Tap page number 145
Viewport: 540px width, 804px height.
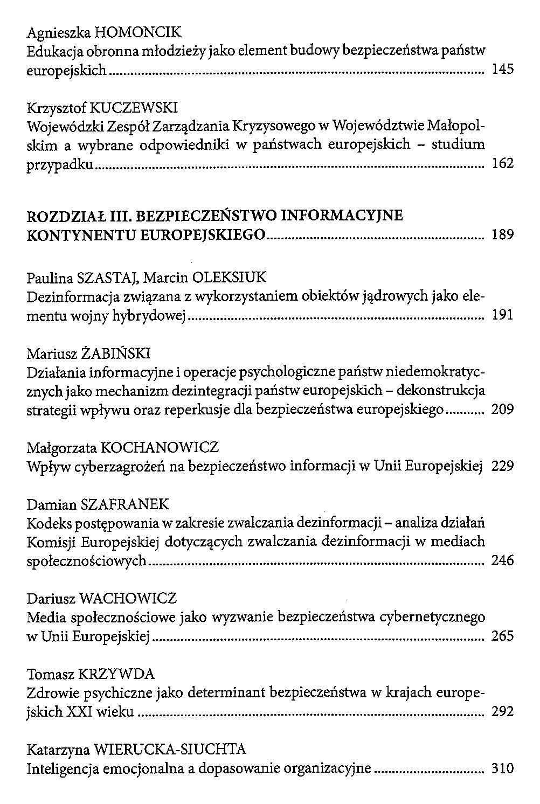click(x=503, y=70)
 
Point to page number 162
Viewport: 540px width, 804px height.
click(x=503, y=163)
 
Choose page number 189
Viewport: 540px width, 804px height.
click(x=503, y=235)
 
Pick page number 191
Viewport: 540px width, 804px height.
click(x=503, y=315)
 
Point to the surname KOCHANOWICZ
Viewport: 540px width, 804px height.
click(x=160, y=447)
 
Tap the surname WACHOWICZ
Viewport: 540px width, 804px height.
click(x=128, y=598)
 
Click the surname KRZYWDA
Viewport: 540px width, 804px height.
click(x=116, y=674)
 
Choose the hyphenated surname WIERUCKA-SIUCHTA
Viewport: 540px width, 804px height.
click(x=169, y=749)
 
